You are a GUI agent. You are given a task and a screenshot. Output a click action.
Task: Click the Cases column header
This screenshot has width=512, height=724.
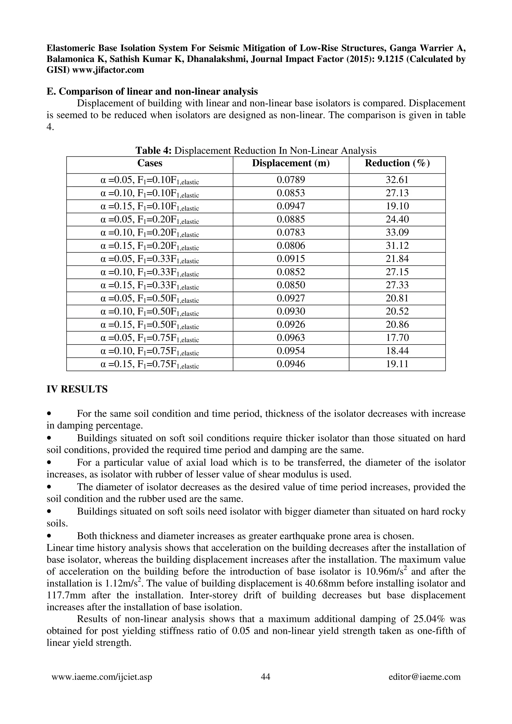click(x=149, y=163)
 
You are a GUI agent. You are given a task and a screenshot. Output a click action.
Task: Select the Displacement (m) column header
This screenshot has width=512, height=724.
click(x=290, y=163)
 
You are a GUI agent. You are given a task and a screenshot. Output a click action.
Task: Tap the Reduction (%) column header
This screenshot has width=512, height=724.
click(x=397, y=163)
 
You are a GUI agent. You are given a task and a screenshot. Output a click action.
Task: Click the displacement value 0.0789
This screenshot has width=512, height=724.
click(x=290, y=180)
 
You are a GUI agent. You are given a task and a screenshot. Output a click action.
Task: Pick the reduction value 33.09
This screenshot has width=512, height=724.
click(x=397, y=233)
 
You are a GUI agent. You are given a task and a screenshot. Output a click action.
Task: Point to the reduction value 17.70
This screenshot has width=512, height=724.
click(x=397, y=338)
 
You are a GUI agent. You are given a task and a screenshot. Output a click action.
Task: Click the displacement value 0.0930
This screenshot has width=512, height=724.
click(x=290, y=312)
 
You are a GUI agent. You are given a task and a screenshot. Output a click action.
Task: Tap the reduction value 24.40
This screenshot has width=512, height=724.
click(x=397, y=219)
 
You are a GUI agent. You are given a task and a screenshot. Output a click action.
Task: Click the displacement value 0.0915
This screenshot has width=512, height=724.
click(x=290, y=259)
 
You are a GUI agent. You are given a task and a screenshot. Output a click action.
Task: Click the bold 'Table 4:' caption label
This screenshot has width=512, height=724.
click(x=153, y=151)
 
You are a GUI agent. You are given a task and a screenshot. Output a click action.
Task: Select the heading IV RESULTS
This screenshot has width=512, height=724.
click(x=77, y=389)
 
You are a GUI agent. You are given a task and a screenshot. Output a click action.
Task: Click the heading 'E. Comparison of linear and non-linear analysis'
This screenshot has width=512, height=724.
click(x=152, y=92)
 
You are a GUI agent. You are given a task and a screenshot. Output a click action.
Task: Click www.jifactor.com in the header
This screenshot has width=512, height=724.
click(x=108, y=70)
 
